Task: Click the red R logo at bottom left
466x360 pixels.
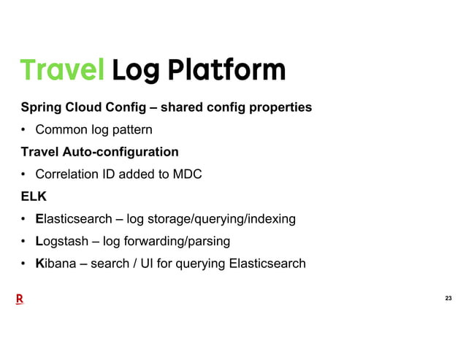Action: [20, 299]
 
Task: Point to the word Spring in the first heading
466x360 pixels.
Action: [42, 108]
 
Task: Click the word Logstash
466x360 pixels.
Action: [66, 241]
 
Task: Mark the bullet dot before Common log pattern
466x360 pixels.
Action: [24, 131]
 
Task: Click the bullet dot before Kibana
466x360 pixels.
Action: [24, 264]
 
